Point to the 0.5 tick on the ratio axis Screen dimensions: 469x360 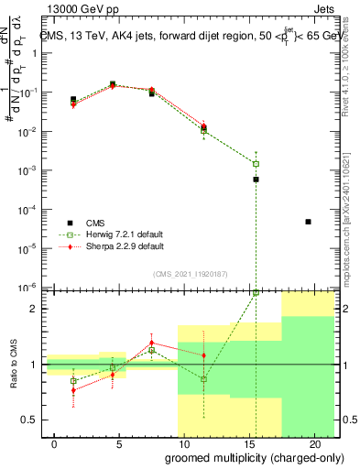(27, 420)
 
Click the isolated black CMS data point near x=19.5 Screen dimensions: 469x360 (308, 222)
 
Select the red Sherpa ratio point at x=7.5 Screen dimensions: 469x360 (151, 343)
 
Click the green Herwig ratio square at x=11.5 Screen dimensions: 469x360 (203, 378)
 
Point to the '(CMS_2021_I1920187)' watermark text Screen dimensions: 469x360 (191, 273)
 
